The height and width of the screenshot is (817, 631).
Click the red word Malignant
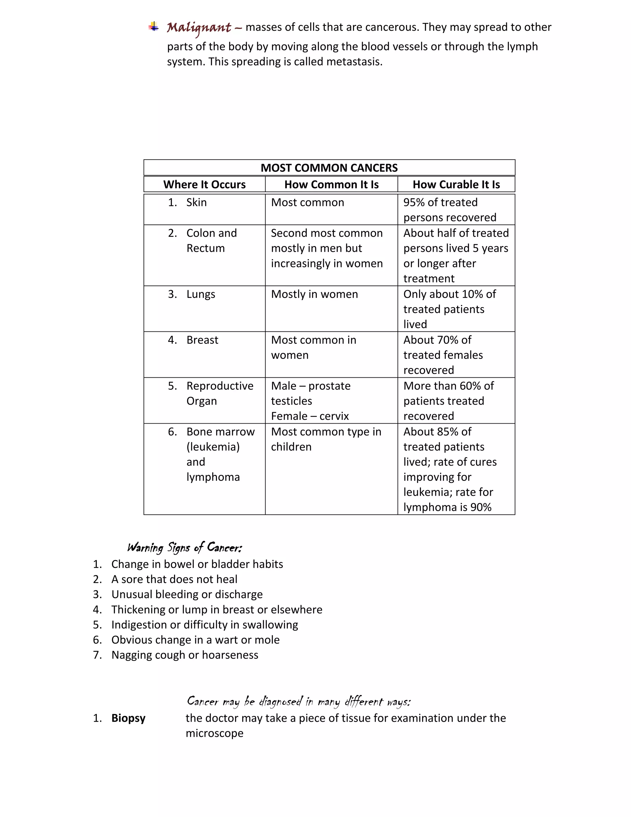(x=199, y=28)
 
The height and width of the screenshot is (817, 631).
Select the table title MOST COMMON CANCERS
(x=329, y=168)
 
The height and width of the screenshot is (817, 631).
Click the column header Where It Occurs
(x=205, y=184)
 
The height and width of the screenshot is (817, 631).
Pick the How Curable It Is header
(x=456, y=184)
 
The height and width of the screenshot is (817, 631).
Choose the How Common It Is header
(x=331, y=184)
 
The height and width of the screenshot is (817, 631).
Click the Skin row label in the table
(x=196, y=202)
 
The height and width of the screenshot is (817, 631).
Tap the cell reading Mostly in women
(x=314, y=294)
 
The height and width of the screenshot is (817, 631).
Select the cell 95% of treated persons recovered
(x=450, y=210)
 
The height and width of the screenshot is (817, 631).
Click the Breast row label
(x=202, y=340)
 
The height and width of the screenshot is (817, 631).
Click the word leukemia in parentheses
(x=213, y=447)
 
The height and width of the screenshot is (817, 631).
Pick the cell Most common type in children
(x=326, y=439)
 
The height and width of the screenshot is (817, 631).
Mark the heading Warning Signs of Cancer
(x=185, y=548)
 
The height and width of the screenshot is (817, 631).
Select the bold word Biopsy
(x=128, y=718)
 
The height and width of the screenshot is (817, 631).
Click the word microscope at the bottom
(x=214, y=733)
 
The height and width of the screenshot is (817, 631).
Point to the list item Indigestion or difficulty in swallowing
(x=205, y=625)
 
